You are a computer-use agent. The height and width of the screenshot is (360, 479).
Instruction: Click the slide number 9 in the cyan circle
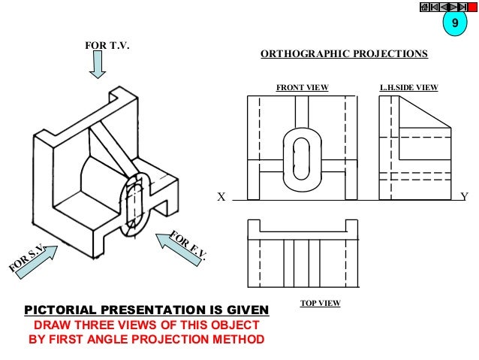click(x=453, y=26)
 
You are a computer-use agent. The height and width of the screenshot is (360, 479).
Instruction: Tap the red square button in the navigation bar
click(x=472, y=7)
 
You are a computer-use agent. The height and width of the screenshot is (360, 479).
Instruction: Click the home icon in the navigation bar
click(x=425, y=7)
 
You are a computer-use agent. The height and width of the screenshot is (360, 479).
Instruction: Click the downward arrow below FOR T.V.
click(x=98, y=67)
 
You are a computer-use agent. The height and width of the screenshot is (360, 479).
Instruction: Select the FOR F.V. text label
click(x=188, y=246)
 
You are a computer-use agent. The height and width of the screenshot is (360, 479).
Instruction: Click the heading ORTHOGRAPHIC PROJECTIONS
click(x=343, y=54)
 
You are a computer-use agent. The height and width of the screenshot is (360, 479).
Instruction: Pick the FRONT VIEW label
click(x=303, y=88)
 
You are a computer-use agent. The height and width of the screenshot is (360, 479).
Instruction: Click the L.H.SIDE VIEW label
click(x=409, y=88)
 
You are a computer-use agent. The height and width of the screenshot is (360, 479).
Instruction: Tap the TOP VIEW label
click(x=320, y=303)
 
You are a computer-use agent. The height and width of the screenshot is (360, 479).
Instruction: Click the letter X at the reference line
click(x=221, y=197)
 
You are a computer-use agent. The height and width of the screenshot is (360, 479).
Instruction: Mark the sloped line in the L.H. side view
click(x=424, y=113)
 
